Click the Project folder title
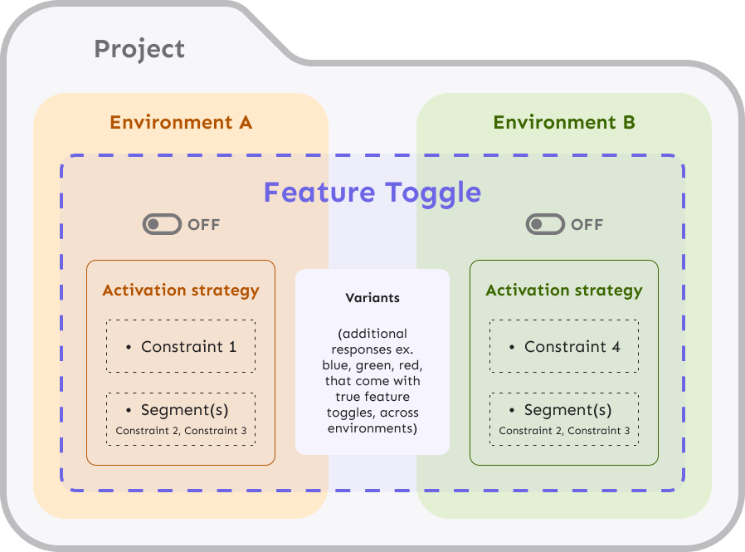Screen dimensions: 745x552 [x=139, y=50]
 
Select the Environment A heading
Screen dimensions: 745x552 [x=181, y=122]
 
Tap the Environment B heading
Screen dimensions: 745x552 [x=564, y=122]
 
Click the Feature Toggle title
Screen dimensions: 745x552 [x=372, y=193]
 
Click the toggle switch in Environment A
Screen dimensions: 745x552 [x=162, y=224]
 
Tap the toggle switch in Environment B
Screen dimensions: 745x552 [x=545, y=224]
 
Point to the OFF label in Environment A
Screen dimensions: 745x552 [x=204, y=224]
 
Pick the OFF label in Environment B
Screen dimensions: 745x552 [x=587, y=224]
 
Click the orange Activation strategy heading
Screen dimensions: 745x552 [x=181, y=290]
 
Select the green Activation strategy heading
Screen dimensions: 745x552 [x=564, y=290]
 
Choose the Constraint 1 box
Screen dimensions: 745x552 [x=181, y=346]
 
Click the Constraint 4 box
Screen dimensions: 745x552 [x=564, y=346]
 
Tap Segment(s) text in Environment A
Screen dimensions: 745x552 [x=184, y=410]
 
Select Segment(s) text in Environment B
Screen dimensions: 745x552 [x=567, y=410]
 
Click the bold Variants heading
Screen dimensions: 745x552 [x=372, y=298]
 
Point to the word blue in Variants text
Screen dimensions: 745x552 [x=336, y=365]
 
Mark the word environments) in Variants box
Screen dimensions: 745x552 [x=372, y=428]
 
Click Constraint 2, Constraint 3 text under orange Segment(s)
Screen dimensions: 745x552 [x=181, y=431]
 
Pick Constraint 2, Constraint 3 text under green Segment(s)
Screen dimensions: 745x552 [x=564, y=431]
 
